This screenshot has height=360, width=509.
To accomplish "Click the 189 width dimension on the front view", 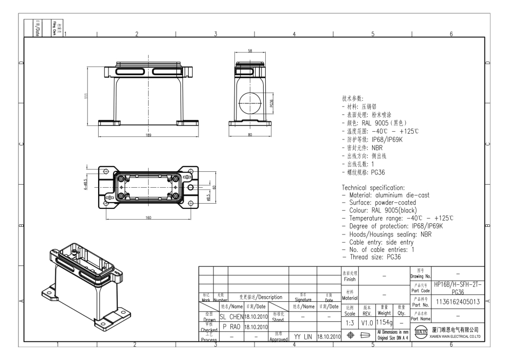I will [x=148, y=135].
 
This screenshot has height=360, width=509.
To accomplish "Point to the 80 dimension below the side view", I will [x=250, y=135].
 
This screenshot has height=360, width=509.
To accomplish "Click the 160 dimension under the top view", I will [x=148, y=218].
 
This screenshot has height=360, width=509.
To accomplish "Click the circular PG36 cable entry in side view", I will [x=250, y=99].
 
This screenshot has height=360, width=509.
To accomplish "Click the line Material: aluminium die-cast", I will [x=386, y=195].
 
